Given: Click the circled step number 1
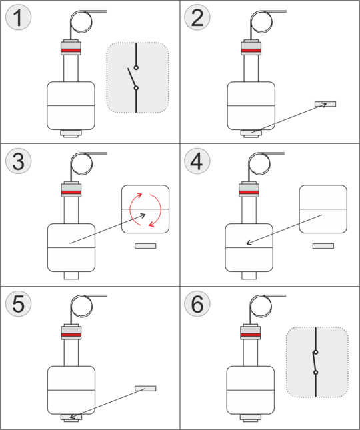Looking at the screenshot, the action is [19, 17].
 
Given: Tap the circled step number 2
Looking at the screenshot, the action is [197, 17].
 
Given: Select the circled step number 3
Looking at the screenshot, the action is [19, 161].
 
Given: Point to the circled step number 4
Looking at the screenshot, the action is [197, 161].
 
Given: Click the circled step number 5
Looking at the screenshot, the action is [19, 304].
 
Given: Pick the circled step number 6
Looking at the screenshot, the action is [197, 304].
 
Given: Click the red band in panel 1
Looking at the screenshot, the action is [71, 51].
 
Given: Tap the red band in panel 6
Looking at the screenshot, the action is [250, 335].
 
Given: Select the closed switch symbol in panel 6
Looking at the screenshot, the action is [315, 362].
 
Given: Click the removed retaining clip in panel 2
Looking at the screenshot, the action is [325, 104].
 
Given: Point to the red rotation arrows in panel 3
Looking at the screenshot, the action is [145, 210].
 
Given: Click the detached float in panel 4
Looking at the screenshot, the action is [323, 209].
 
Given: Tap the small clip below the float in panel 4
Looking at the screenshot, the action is [323, 246].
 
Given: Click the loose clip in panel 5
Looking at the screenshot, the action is [145, 388].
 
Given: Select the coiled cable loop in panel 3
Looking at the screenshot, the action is [81, 164].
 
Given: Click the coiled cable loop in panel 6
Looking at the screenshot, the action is [261, 306].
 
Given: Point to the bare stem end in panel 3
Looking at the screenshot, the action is [71, 275].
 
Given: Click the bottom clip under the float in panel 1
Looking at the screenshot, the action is [71, 133].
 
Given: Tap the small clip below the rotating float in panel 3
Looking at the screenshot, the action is [145, 246].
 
